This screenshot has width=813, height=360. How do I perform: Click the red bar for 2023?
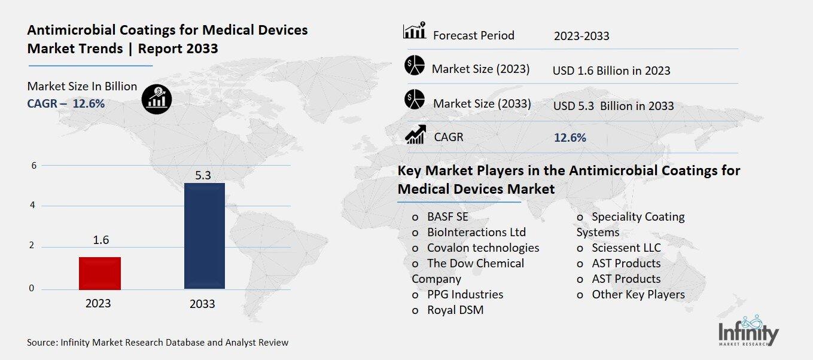[x=100, y=273]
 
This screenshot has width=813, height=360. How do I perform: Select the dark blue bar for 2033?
[x=204, y=236]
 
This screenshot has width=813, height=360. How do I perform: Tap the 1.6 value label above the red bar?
[x=101, y=240]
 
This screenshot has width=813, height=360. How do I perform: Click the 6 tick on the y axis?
[x=34, y=166]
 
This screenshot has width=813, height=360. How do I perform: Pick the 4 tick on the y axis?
[x=34, y=206]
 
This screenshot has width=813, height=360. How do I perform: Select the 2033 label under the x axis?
[x=202, y=304]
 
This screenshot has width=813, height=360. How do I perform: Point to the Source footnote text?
[x=157, y=343]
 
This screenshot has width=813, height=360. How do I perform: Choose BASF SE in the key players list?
[x=447, y=216]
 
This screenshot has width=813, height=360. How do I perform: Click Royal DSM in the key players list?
[x=455, y=310]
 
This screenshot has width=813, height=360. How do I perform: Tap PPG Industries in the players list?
[x=465, y=294]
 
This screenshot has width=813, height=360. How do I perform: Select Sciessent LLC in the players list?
[x=626, y=248]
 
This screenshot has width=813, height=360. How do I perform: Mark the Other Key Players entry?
[x=638, y=294]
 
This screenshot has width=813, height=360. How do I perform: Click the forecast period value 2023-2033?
[x=581, y=36]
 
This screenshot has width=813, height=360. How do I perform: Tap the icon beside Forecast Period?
[x=415, y=31]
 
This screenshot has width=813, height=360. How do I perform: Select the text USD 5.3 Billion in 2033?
[x=613, y=106]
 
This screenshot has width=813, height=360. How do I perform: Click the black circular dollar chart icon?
[x=156, y=99]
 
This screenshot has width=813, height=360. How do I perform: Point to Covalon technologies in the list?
[x=482, y=248]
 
